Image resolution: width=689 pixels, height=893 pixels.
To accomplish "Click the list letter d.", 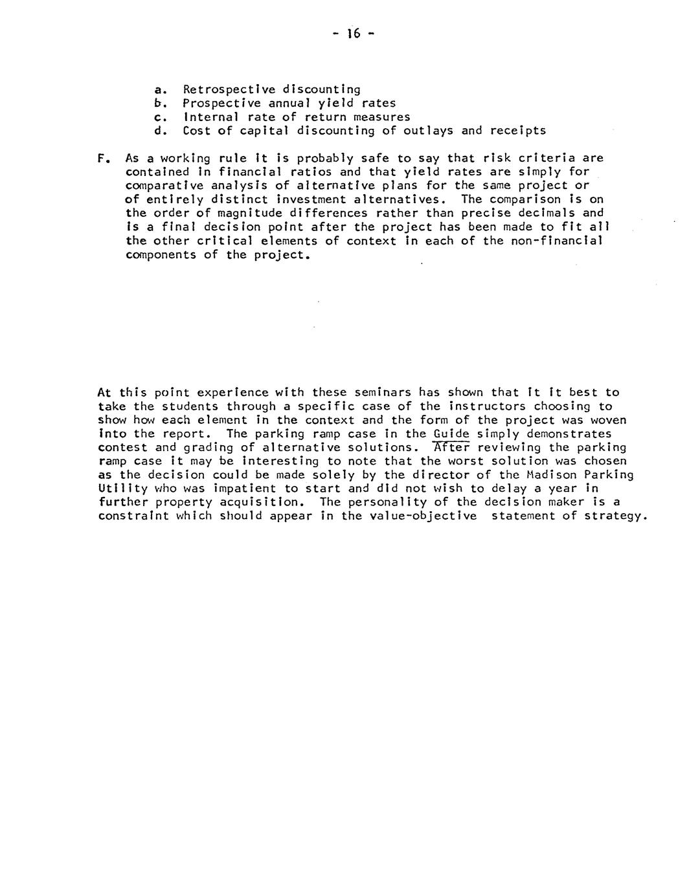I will [158, 131].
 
